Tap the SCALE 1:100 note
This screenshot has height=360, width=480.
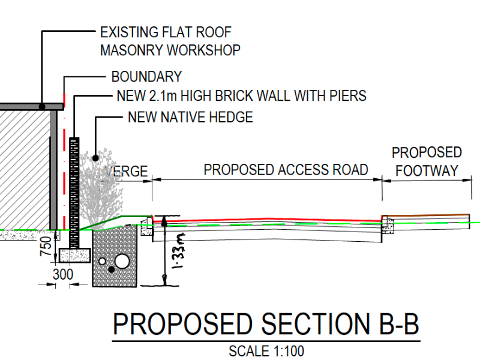(x=266, y=352)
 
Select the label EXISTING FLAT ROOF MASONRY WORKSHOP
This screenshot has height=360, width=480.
(x=170, y=41)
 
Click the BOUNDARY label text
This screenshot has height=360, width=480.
(x=146, y=77)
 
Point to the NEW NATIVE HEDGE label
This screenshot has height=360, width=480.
(x=190, y=117)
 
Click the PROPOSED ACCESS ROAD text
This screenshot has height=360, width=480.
(x=286, y=170)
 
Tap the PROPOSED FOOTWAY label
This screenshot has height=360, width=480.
(x=427, y=161)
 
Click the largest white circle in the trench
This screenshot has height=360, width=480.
(x=122, y=261)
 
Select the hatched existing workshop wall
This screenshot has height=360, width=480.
(x=24, y=168)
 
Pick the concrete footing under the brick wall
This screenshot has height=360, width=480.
(x=74, y=255)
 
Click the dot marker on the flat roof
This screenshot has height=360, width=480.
(x=42, y=107)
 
